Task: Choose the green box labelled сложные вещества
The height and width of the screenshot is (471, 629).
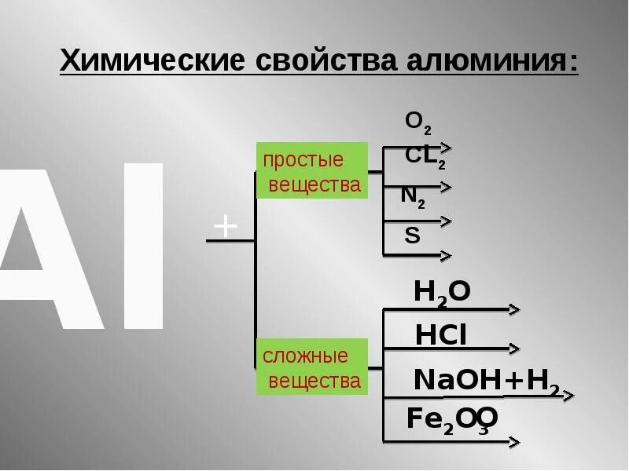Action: (x=312, y=367)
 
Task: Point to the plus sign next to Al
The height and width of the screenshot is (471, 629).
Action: (x=226, y=227)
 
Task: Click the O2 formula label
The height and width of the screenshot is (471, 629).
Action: (x=417, y=122)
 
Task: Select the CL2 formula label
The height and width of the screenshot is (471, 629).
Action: (x=425, y=157)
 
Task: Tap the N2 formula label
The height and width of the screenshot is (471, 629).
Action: (x=413, y=196)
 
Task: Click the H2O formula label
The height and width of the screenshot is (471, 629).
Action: (x=442, y=293)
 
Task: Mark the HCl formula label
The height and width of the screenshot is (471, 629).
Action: (x=441, y=335)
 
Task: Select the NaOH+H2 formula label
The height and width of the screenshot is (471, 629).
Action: (x=486, y=381)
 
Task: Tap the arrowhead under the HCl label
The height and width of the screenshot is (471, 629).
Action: (x=513, y=348)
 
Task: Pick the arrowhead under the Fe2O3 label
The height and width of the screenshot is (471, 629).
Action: (x=513, y=442)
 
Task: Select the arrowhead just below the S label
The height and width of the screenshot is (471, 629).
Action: (x=446, y=255)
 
